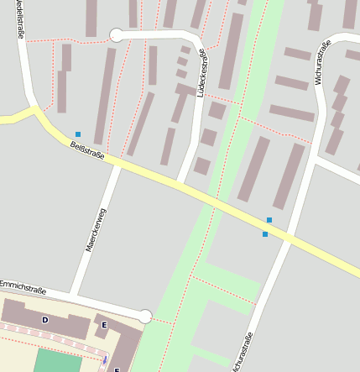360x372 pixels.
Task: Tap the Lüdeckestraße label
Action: point(201,72)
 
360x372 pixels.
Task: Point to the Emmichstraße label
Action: point(23,287)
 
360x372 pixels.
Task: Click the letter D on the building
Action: point(45,320)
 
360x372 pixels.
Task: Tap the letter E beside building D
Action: point(104,325)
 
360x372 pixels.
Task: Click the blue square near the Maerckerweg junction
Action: point(78,134)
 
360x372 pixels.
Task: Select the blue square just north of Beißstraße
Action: point(269,220)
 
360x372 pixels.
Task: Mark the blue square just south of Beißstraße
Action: point(265,234)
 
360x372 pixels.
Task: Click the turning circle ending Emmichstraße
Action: point(145,316)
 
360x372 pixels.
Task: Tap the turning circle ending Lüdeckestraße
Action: point(116,34)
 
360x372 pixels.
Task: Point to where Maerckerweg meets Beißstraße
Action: point(117,165)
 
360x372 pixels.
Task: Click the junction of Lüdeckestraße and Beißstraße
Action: point(180,186)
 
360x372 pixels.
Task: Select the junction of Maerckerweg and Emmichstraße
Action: point(76,296)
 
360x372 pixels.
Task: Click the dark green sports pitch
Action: point(56,362)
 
